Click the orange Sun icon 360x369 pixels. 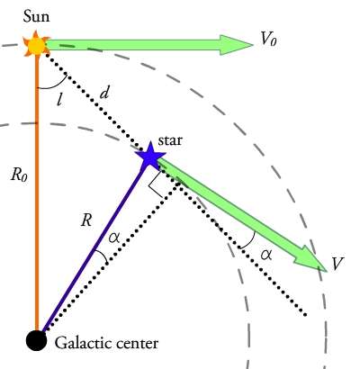tap(36, 44)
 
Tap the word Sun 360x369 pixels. tap(36, 16)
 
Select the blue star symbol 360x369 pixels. tap(150, 156)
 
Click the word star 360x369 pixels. tap(170, 140)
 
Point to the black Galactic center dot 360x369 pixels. tap(36, 340)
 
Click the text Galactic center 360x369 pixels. tap(106, 343)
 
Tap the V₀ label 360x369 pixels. tap(268, 39)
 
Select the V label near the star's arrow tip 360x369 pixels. tap(337, 264)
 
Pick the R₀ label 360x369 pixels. tap(19, 175)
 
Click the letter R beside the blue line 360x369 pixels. tap(86, 220)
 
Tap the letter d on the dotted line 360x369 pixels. tap(104, 94)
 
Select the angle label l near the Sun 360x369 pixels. tap(60, 99)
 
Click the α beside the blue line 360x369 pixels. tap(114, 238)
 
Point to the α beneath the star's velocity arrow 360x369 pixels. tap(265, 255)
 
